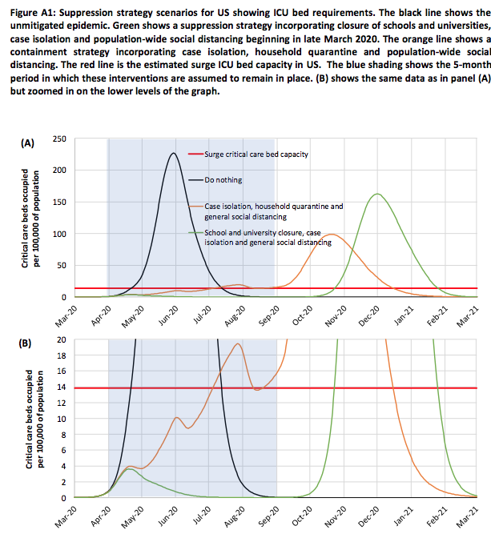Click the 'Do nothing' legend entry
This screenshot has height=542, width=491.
pos(223,180)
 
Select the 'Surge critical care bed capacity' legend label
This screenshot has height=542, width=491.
pos(256,155)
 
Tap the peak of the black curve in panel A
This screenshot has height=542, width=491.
pos(174,153)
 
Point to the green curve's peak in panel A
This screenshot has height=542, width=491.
pos(377,194)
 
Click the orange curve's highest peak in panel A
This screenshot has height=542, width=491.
pos(332,235)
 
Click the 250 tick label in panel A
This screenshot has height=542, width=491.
pos(59,139)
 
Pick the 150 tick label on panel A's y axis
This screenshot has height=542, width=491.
pos(59,203)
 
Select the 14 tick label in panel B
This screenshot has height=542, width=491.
pos(62,387)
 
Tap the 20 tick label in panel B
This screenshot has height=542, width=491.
pos(62,339)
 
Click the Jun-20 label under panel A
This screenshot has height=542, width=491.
pos(168,315)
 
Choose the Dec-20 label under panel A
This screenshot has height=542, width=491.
pos(369,316)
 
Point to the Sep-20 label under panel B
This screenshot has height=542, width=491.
pos(268,516)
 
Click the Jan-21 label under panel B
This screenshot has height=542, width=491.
pos(404,516)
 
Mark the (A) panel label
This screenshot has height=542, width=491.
pos(28,143)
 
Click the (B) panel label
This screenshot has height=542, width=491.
pos(25,343)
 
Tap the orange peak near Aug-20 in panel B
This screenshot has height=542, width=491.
pos(238,343)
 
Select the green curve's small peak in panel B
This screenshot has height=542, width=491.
pos(129,469)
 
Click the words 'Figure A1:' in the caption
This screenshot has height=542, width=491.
pos(33,13)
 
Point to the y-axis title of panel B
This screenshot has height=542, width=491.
pos(35,420)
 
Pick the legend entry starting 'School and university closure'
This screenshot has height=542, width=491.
pos(268,238)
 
